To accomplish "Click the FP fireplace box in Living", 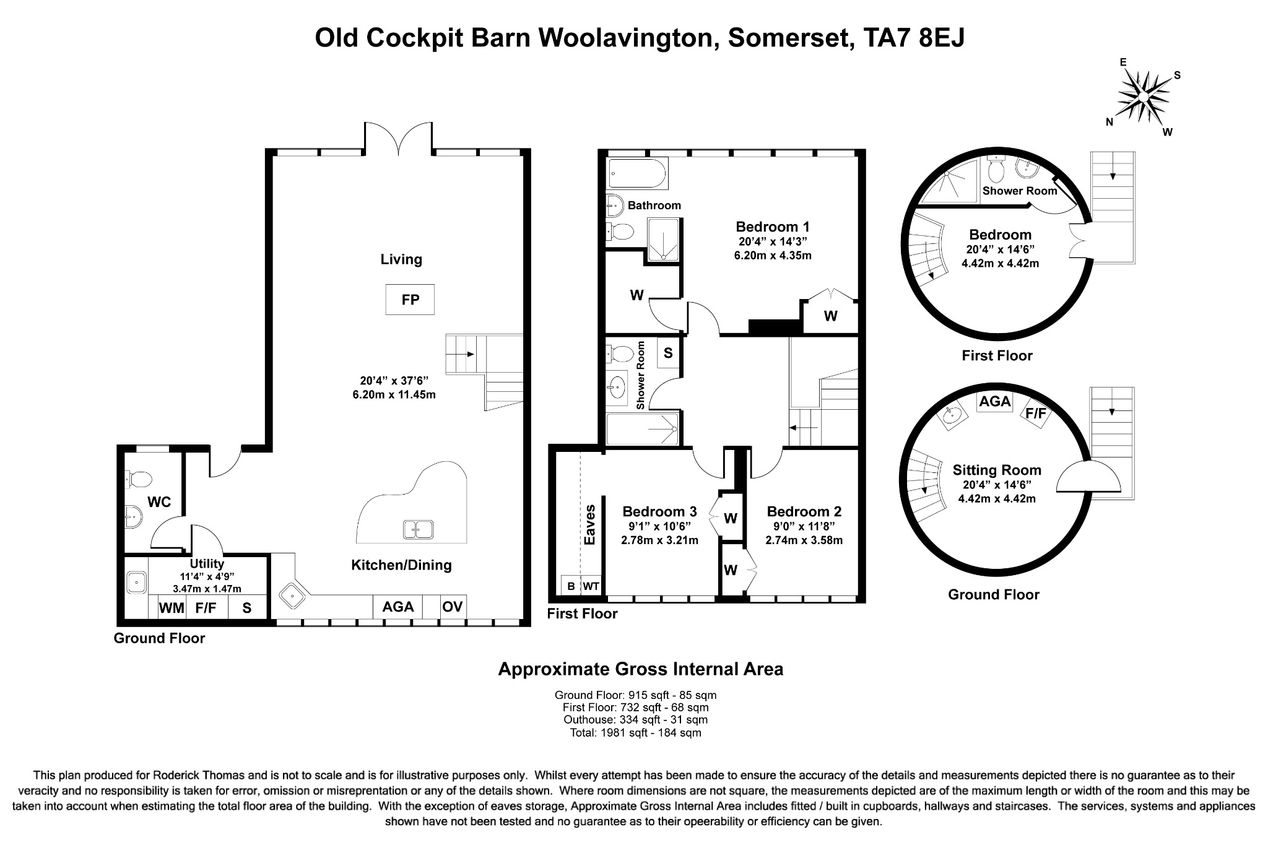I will [x=410, y=300].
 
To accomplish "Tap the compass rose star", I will [x=1143, y=98].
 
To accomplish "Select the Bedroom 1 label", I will [x=772, y=227].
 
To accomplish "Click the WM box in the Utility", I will [x=172, y=607].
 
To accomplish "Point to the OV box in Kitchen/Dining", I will [x=452, y=606].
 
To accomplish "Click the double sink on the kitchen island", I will [x=419, y=529].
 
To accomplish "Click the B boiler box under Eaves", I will [x=571, y=586].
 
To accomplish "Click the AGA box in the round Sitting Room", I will [x=994, y=401].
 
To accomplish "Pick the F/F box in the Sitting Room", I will [x=1036, y=413].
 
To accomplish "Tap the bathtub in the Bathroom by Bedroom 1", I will [x=637, y=173].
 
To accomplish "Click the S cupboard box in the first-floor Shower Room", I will [x=667, y=353].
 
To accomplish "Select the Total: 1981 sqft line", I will [x=635, y=733].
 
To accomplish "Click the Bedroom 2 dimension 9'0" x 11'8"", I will [x=804, y=526].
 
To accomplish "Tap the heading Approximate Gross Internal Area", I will [x=640, y=669].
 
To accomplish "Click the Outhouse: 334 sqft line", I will [x=635, y=720].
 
